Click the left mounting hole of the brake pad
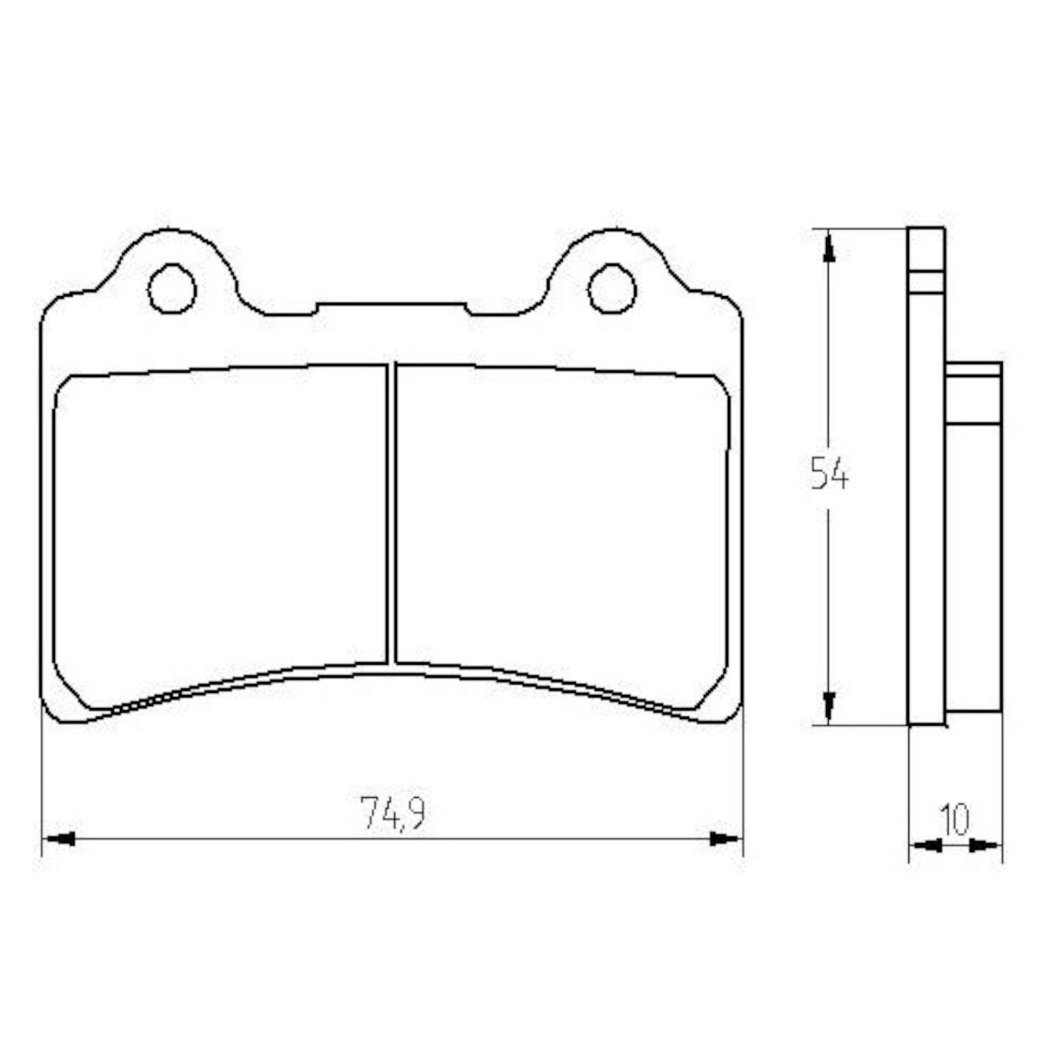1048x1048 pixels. (x=172, y=287)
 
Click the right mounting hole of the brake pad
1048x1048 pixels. (x=611, y=287)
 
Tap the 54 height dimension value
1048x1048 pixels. (x=830, y=476)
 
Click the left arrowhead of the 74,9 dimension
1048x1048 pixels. (x=59, y=838)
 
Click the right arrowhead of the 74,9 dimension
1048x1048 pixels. (x=725, y=838)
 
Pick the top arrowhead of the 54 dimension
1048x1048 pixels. (x=829, y=245)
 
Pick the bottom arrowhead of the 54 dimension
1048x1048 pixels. (x=829, y=707)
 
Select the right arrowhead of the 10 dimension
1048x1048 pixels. (x=985, y=845)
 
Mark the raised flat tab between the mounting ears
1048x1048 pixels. (x=392, y=309)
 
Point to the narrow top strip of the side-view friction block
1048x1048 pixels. (x=974, y=369)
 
